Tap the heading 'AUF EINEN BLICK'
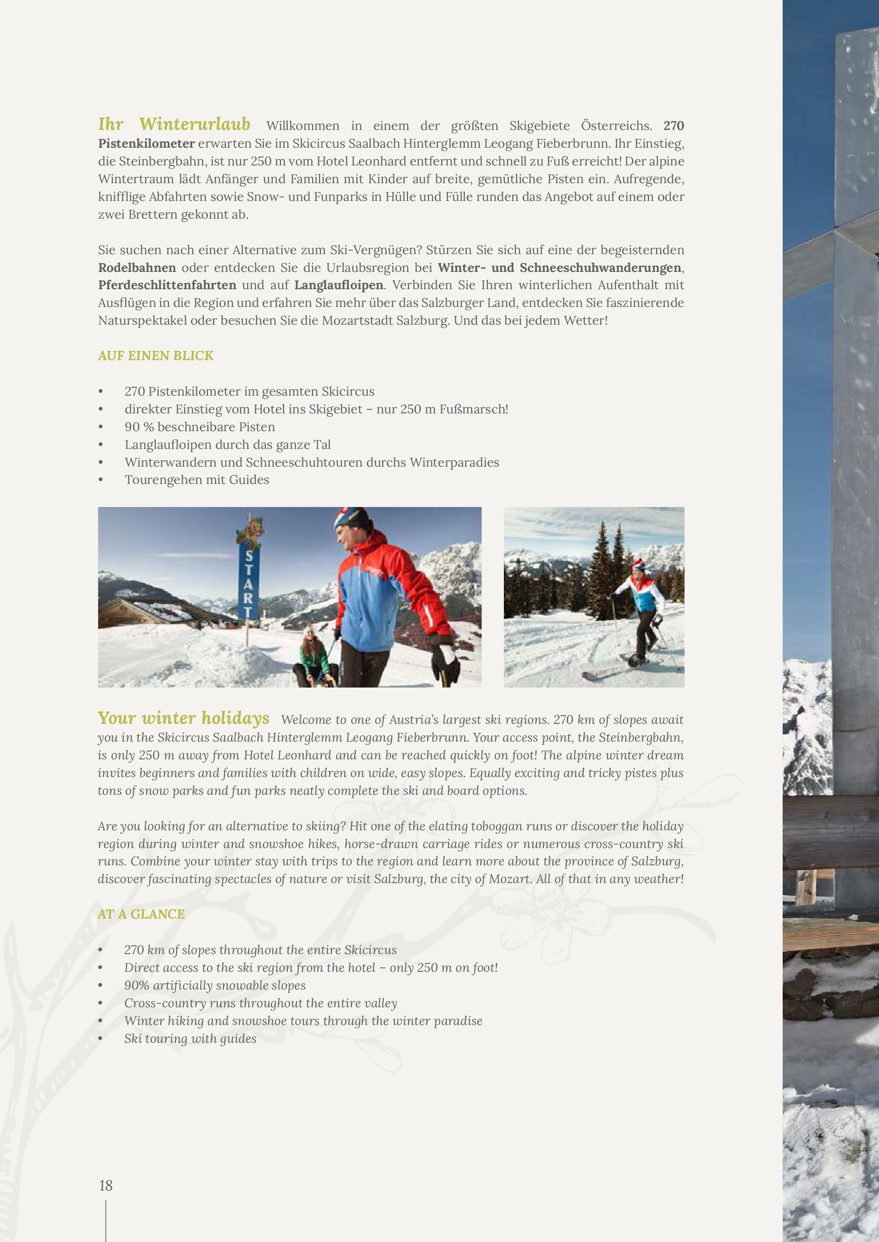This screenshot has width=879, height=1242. (x=155, y=355)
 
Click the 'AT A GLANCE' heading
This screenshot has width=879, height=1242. (x=141, y=914)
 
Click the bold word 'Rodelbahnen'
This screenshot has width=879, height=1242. (x=137, y=268)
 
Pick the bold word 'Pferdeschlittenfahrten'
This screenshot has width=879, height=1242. (x=167, y=285)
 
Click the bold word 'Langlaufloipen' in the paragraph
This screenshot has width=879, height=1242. (x=339, y=285)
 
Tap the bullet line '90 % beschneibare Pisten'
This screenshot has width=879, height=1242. (x=200, y=427)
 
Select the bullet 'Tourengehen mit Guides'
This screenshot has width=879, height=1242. (x=197, y=480)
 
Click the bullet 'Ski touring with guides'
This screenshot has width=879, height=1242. (x=190, y=1038)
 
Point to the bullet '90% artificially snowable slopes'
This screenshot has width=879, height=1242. (x=215, y=986)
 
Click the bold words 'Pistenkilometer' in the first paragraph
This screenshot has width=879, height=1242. (x=146, y=144)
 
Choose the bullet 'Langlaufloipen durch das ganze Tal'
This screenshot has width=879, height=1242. (x=227, y=444)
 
